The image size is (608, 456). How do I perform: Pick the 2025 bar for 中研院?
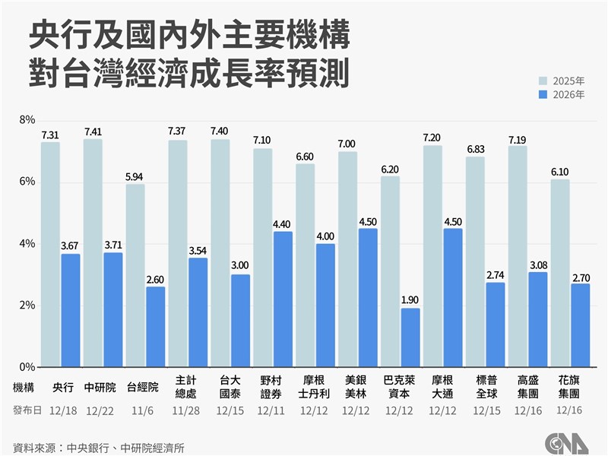coord(93,251)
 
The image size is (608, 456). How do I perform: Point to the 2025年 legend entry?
coord(562,81)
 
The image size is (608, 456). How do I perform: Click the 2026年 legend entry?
coord(562,95)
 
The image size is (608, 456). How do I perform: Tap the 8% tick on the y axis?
coord(27,120)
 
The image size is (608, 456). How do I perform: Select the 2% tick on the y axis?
coord(27,306)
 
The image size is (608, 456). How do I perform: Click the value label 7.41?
coord(93,131)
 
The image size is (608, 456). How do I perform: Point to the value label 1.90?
coord(410,300)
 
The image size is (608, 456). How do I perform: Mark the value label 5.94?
coord(135,177)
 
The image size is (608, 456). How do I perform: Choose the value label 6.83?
coord(475,150)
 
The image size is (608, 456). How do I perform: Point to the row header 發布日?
coord(27,410)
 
